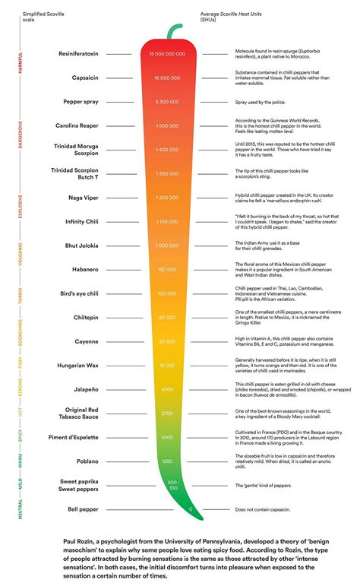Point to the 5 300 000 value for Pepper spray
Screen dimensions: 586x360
pyautogui.click(x=167, y=101)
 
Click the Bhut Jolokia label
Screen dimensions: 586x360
pyautogui.click(x=80, y=245)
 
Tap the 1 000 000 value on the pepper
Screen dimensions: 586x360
pyautogui.click(x=167, y=245)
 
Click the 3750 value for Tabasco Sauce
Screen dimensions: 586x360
pyautogui.click(x=167, y=413)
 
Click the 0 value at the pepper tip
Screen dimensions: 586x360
pyautogui.click(x=191, y=508)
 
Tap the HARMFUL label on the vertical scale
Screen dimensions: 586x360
pyautogui.click(x=20, y=64)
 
